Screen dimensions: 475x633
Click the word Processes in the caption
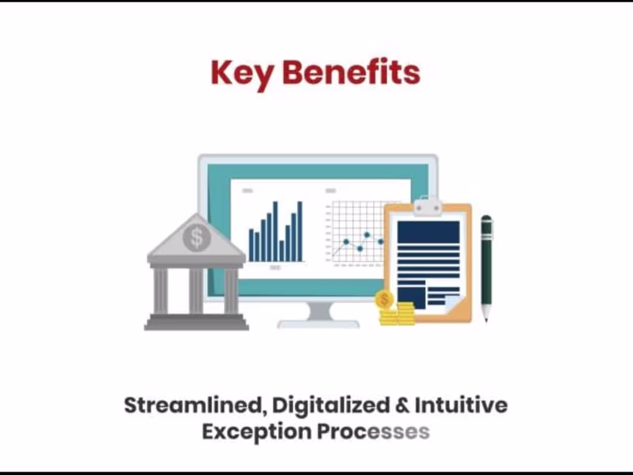pyautogui.click(x=373, y=431)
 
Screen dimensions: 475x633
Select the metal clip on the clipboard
pyautogui.click(x=428, y=206)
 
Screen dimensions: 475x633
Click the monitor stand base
pyautogui.click(x=319, y=322)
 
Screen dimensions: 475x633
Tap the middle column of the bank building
pyautogui.click(x=196, y=291)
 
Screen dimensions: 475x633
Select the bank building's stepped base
pyautogui.click(x=196, y=322)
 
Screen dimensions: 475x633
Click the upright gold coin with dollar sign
pyautogui.click(x=384, y=299)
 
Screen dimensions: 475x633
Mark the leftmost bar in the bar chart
pyautogui.click(x=251, y=245)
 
